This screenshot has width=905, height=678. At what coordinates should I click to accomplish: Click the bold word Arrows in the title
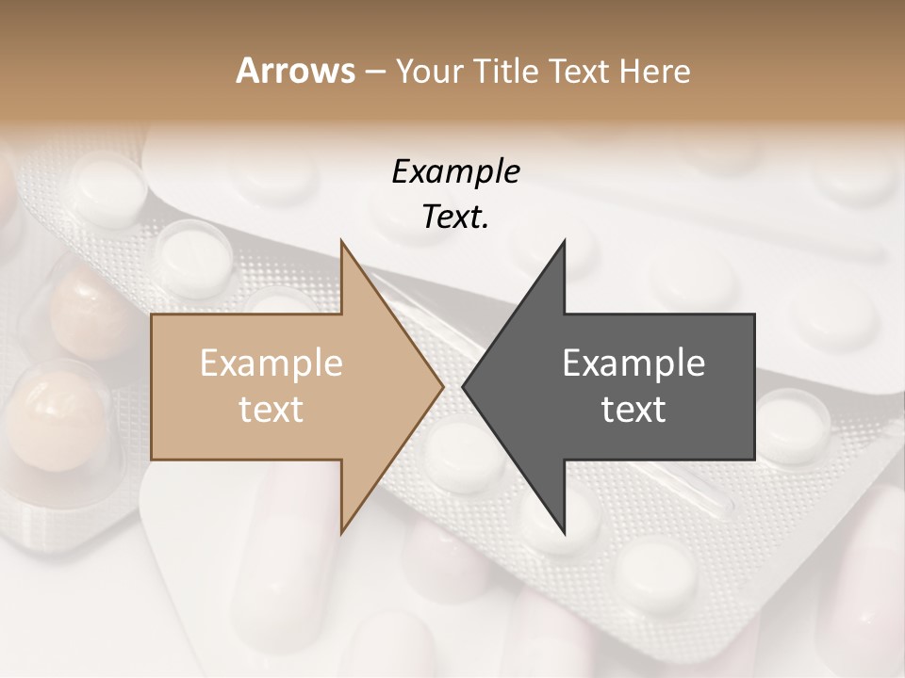click(295, 71)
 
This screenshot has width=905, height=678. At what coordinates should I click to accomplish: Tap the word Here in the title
click(656, 72)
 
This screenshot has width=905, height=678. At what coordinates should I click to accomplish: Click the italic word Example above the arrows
click(455, 171)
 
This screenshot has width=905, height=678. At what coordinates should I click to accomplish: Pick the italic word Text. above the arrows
click(455, 217)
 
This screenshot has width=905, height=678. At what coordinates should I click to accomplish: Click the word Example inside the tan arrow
click(271, 363)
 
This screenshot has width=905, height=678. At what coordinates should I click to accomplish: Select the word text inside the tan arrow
click(271, 409)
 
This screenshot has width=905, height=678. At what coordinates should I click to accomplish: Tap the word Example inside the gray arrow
click(633, 363)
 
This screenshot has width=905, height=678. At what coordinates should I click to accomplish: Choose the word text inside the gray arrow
click(633, 409)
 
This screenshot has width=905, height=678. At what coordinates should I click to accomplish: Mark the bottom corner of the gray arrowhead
click(564, 532)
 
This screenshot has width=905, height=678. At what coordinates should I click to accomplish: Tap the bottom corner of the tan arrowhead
click(341, 532)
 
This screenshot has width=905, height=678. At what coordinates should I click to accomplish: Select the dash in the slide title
click(374, 72)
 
